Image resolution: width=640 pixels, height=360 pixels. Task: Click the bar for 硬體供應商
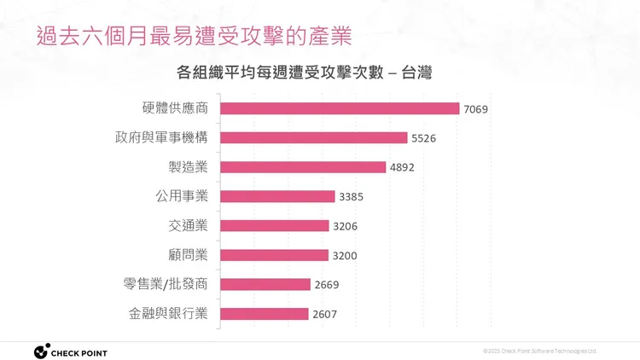point(340,108)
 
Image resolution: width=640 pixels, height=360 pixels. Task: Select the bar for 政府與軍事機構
point(314,137)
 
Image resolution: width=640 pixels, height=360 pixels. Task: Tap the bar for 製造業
point(303,167)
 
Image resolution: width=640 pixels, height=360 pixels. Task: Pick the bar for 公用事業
point(277,196)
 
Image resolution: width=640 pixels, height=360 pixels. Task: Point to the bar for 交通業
point(274,226)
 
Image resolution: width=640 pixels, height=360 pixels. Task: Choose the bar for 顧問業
point(274,255)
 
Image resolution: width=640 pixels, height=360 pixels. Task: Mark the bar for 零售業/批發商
point(265,285)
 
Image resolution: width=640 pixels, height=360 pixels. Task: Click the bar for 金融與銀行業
point(264,314)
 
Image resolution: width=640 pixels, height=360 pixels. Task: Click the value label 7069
point(475,108)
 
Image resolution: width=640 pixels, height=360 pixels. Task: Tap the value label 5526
point(423,138)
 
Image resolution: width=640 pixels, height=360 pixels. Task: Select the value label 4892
point(402,167)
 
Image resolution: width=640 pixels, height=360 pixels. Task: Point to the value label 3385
point(351,197)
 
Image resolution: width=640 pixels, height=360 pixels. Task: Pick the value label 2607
point(324,315)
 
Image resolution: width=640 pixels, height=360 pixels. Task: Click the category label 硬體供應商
point(175,108)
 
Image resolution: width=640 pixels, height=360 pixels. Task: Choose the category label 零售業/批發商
point(166,285)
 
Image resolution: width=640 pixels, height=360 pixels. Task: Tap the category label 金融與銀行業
point(168,314)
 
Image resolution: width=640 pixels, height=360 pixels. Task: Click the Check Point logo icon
point(41,351)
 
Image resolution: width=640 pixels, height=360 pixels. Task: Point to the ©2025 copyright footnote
point(539,351)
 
